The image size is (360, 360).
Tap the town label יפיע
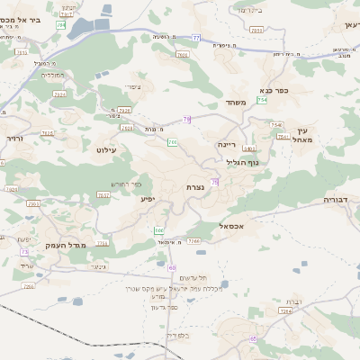point(148,197)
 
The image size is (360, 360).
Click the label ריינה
point(227,144)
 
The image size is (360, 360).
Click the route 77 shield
point(196,38)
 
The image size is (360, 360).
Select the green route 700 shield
point(172,142)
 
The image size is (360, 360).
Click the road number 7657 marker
point(103,193)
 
